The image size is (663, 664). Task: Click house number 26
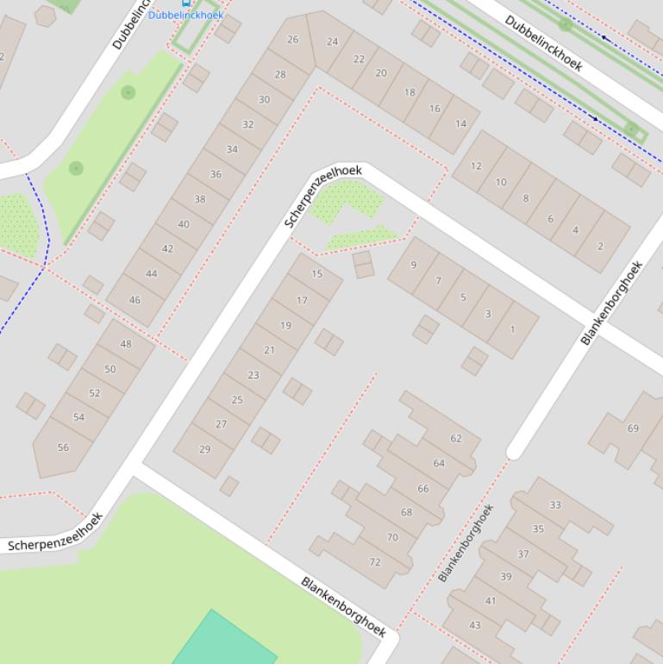click(x=293, y=40)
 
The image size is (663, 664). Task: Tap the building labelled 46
click(x=134, y=300)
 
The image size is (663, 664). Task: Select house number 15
click(x=316, y=274)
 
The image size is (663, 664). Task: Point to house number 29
click(x=204, y=448)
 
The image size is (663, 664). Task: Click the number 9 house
click(x=414, y=266)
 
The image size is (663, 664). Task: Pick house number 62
click(x=455, y=438)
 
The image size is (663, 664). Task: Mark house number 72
click(x=375, y=562)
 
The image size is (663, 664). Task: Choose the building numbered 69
click(x=633, y=429)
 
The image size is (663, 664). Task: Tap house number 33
click(x=555, y=505)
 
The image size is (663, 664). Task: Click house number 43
click(x=475, y=625)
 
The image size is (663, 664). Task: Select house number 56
click(x=63, y=448)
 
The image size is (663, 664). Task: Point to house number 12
click(x=476, y=166)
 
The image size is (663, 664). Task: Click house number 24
click(x=333, y=41)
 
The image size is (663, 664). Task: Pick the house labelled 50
click(x=109, y=369)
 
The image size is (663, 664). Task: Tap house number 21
click(x=269, y=350)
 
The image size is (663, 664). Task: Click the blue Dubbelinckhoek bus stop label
click(x=185, y=15)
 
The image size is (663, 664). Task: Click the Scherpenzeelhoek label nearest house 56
click(x=55, y=532)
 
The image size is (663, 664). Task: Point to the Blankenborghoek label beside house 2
click(x=611, y=304)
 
